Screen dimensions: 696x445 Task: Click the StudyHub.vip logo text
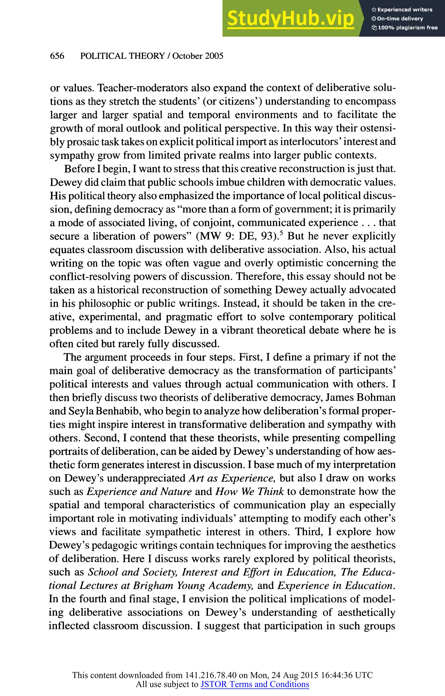point(291,18)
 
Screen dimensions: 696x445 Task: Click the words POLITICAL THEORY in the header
point(122,56)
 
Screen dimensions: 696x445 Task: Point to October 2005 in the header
point(198,56)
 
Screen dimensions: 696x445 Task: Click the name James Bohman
point(360,397)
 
